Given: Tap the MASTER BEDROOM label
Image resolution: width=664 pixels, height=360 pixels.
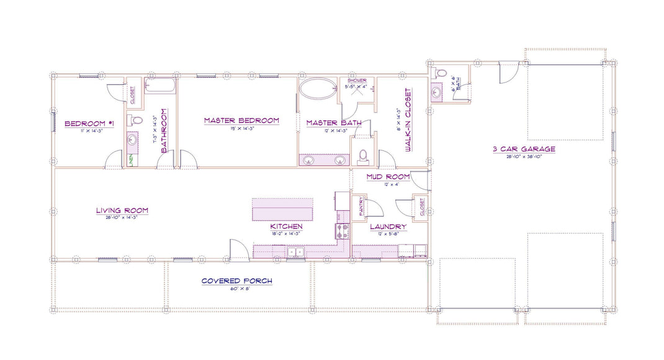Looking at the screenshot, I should [x=241, y=120].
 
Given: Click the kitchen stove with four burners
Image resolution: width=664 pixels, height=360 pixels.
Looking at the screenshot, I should [x=342, y=232].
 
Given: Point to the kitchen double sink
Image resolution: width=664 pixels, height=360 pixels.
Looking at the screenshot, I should [x=295, y=252].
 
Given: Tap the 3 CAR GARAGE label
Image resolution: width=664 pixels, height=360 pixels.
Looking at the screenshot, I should [x=524, y=149].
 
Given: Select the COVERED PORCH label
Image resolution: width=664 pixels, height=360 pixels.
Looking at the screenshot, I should [x=236, y=281].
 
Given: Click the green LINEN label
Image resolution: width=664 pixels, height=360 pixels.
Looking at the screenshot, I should [x=132, y=160].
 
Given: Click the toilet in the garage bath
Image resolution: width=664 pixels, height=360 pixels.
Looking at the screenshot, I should [x=441, y=73].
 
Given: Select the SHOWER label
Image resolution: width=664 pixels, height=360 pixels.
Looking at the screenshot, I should [x=357, y=81].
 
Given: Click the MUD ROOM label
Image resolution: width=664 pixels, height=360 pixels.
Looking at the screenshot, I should [x=388, y=177].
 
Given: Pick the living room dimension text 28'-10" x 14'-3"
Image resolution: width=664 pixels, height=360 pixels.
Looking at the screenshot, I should [x=122, y=218].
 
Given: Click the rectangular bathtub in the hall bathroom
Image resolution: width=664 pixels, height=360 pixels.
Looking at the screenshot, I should [x=160, y=85].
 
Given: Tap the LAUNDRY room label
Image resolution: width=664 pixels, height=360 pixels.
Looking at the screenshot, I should [x=388, y=227].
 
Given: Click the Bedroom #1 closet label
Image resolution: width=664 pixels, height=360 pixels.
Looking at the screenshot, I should [x=132, y=93].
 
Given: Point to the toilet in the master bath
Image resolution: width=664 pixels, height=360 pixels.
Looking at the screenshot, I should [x=364, y=156].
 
